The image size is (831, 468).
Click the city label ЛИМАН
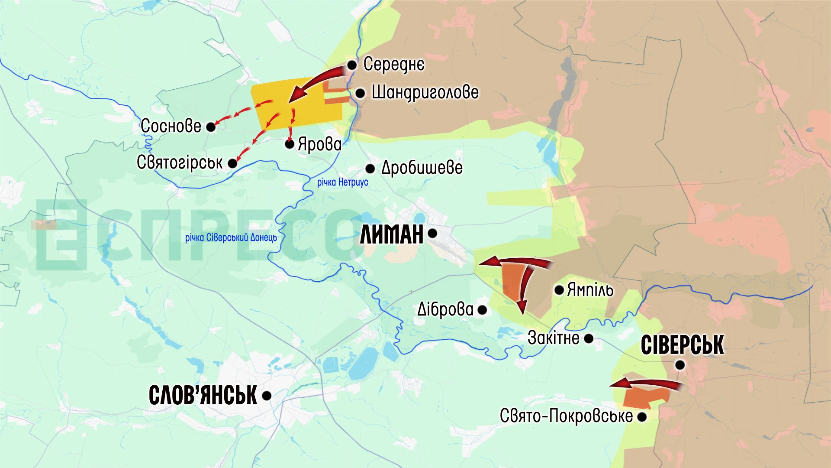click(392, 234)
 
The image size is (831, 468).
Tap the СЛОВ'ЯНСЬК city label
click(203, 395)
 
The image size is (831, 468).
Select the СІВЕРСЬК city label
click(682, 345)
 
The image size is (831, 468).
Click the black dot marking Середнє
click(352, 65)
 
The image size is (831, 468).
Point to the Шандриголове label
click(425, 93)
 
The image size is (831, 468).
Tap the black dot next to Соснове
click(211, 127)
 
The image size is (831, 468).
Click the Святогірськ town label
click(180, 162)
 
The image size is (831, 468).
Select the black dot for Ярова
click(290, 144)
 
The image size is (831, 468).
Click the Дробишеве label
click(422, 168)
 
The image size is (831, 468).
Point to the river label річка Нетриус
click(342, 182)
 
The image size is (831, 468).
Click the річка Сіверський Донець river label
click(231, 237)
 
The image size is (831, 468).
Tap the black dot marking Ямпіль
click(559, 289)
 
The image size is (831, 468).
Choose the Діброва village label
click(445, 309)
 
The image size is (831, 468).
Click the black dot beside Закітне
click(589, 338)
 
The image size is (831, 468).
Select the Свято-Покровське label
click(566, 416)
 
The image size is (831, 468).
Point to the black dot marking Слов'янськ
click(267, 395)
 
